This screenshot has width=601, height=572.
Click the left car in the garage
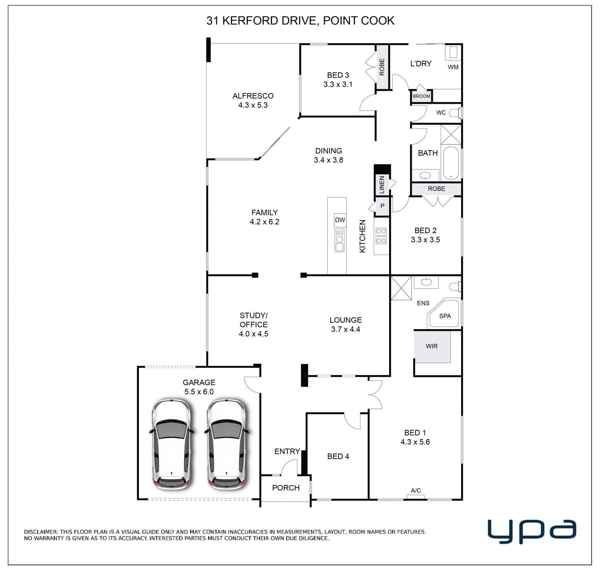(172, 445)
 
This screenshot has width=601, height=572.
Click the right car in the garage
(227, 445)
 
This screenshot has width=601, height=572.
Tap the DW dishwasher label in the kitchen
(340, 220)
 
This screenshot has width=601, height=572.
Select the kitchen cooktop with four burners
(381, 236)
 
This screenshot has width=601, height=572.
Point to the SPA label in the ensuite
(445, 316)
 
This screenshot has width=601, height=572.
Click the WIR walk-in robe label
(431, 346)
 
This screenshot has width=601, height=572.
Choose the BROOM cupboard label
(421, 96)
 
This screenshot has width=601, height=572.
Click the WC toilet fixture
(455, 113)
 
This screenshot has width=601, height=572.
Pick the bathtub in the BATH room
(451, 163)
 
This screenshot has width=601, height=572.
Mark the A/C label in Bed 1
(416, 491)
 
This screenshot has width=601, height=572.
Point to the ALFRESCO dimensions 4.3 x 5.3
(253, 105)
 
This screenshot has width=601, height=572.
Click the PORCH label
(286, 488)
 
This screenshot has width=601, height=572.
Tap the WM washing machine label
(453, 67)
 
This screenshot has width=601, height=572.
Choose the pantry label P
(382, 206)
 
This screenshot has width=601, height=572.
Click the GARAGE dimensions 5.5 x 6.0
(199, 391)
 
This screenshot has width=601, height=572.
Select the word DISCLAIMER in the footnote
(41, 532)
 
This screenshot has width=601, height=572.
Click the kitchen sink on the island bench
(339, 241)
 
